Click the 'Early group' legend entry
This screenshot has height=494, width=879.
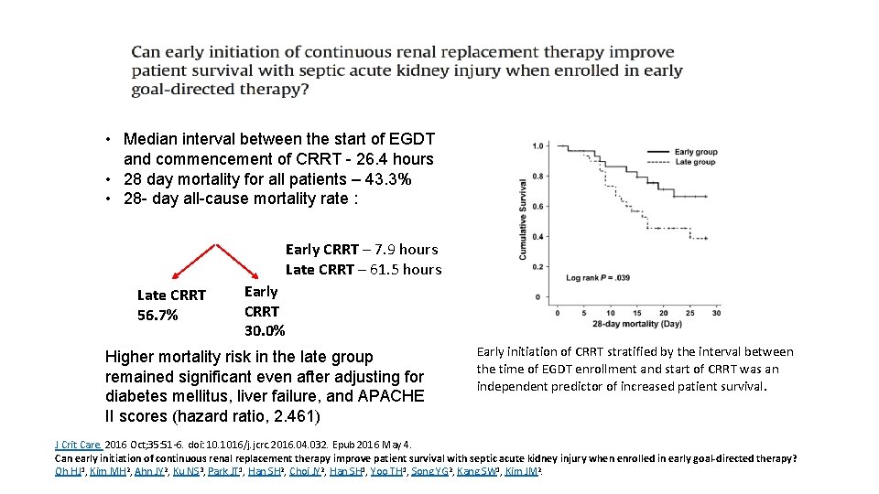(695, 152)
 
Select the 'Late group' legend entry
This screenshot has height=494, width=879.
(694, 162)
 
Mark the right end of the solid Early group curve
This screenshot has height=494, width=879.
(708, 196)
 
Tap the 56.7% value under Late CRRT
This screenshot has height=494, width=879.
(157, 316)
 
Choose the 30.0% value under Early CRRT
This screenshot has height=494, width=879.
(265, 330)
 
